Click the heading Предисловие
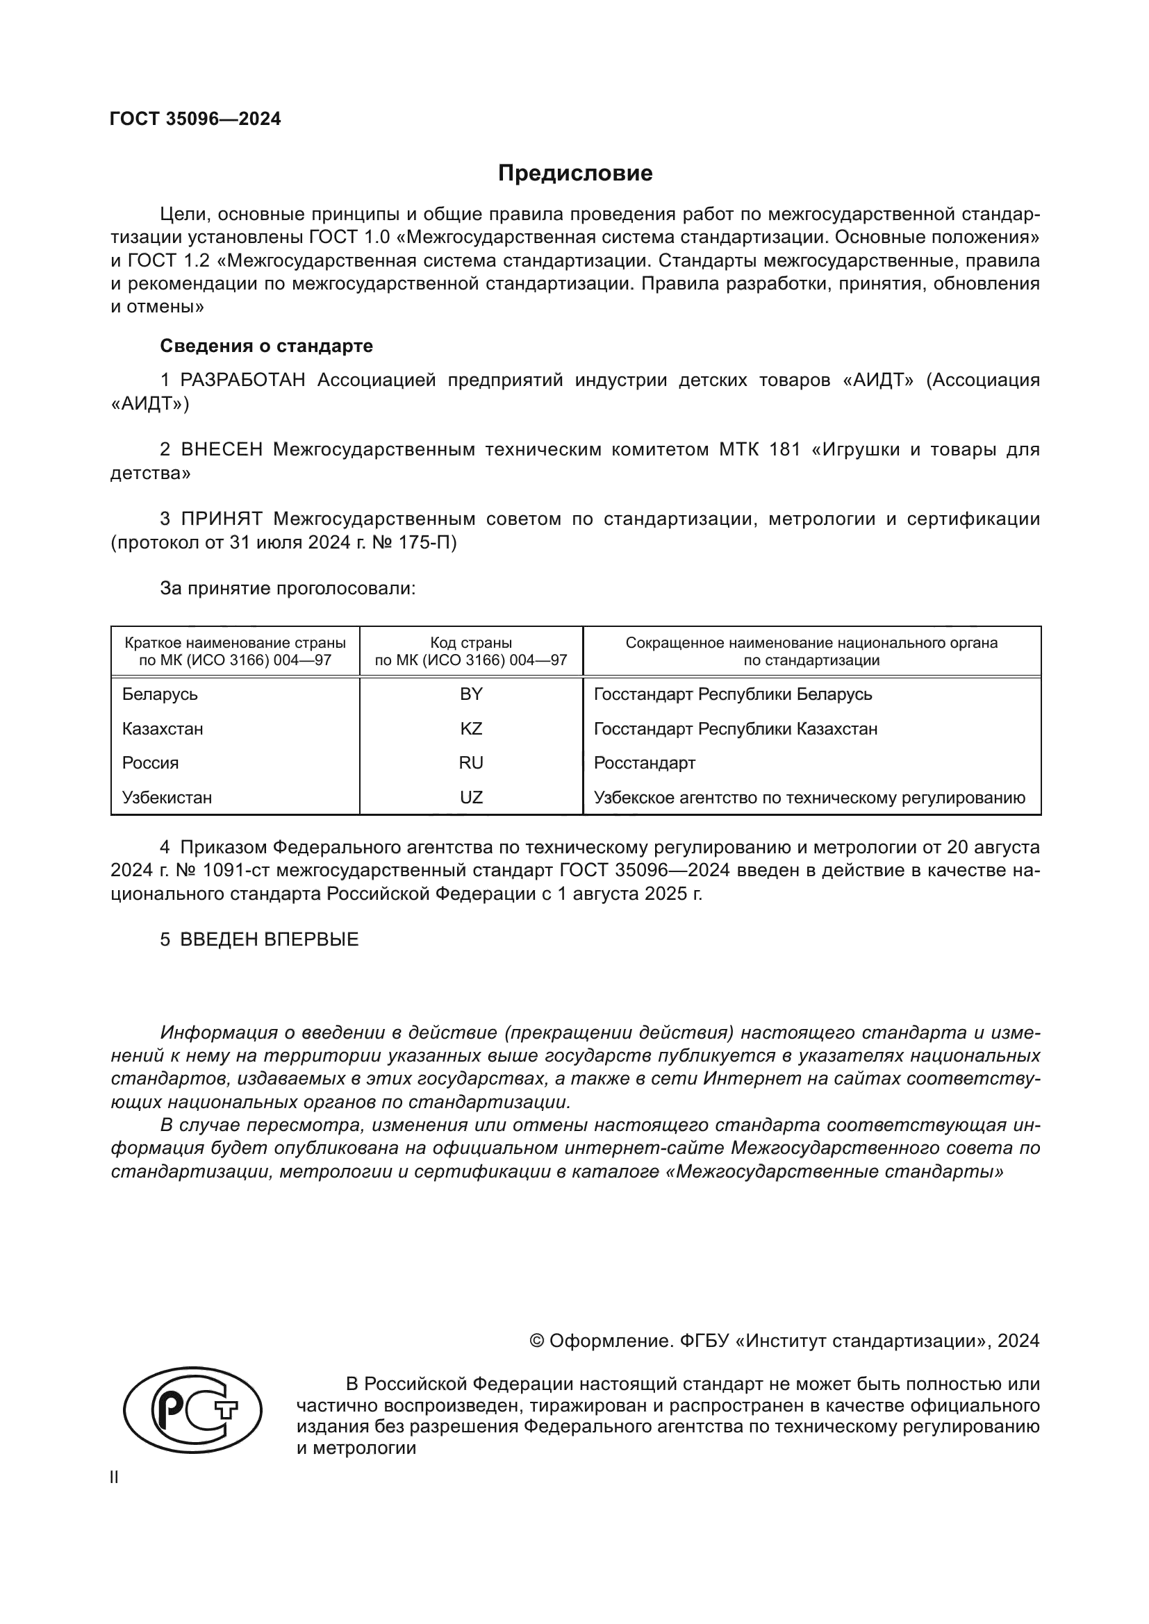(574, 174)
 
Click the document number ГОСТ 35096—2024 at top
(195, 119)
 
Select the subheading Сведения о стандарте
(266, 346)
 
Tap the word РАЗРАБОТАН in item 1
(242, 380)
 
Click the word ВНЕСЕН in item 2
(222, 450)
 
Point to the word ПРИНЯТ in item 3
(222, 519)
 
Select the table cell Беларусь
(160, 694)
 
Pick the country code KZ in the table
(471, 729)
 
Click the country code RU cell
(471, 763)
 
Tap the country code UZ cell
(471, 798)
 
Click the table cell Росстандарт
(645, 763)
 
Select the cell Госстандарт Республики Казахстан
(735, 729)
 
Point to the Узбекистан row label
(167, 798)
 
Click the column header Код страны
(471, 644)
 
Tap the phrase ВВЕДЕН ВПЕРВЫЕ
(269, 940)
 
